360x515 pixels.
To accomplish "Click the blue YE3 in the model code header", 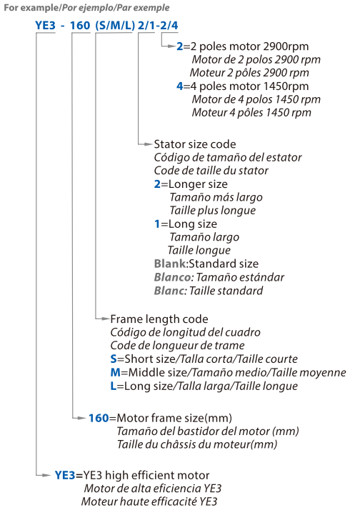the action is [45, 25].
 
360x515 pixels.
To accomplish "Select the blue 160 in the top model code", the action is [80, 25].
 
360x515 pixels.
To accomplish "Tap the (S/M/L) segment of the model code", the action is [115, 26].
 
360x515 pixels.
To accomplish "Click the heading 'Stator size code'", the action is [195, 144].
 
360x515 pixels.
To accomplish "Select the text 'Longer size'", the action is [198, 184].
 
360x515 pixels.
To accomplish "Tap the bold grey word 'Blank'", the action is [170, 264].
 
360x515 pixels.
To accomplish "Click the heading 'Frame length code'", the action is [159, 319].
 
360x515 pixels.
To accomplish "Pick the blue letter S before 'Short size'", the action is [114, 359].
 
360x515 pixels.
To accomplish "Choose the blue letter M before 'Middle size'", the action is [116, 372].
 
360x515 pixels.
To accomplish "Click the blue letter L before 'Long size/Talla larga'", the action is [114, 386].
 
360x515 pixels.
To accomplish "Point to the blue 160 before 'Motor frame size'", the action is [99, 418].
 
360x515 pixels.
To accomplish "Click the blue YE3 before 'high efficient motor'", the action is [65, 475].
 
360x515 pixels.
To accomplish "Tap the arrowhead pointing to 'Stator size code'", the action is [149, 144].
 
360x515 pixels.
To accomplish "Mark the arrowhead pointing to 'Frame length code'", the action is [106, 319].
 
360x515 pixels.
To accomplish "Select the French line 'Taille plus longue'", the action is [213, 210].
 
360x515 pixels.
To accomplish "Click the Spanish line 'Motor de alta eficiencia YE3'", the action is [153, 489].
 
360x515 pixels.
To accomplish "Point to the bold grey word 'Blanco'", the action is [172, 277].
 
